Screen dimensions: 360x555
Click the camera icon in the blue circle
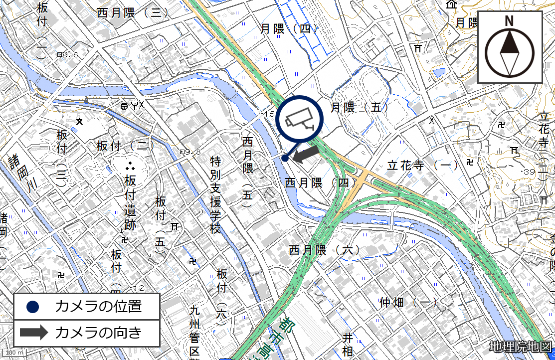point(300,119)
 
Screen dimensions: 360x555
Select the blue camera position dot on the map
point(284,158)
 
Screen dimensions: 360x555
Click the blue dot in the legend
point(33,307)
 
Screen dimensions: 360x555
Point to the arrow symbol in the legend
point(33,333)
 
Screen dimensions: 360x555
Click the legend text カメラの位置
point(98,307)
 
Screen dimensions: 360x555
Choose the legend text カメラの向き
point(98,333)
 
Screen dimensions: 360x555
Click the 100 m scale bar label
point(14,353)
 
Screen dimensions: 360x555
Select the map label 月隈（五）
point(360,107)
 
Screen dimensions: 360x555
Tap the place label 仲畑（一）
point(408,302)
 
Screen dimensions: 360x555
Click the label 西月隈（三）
point(133,13)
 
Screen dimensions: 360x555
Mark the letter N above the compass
point(509,21)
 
